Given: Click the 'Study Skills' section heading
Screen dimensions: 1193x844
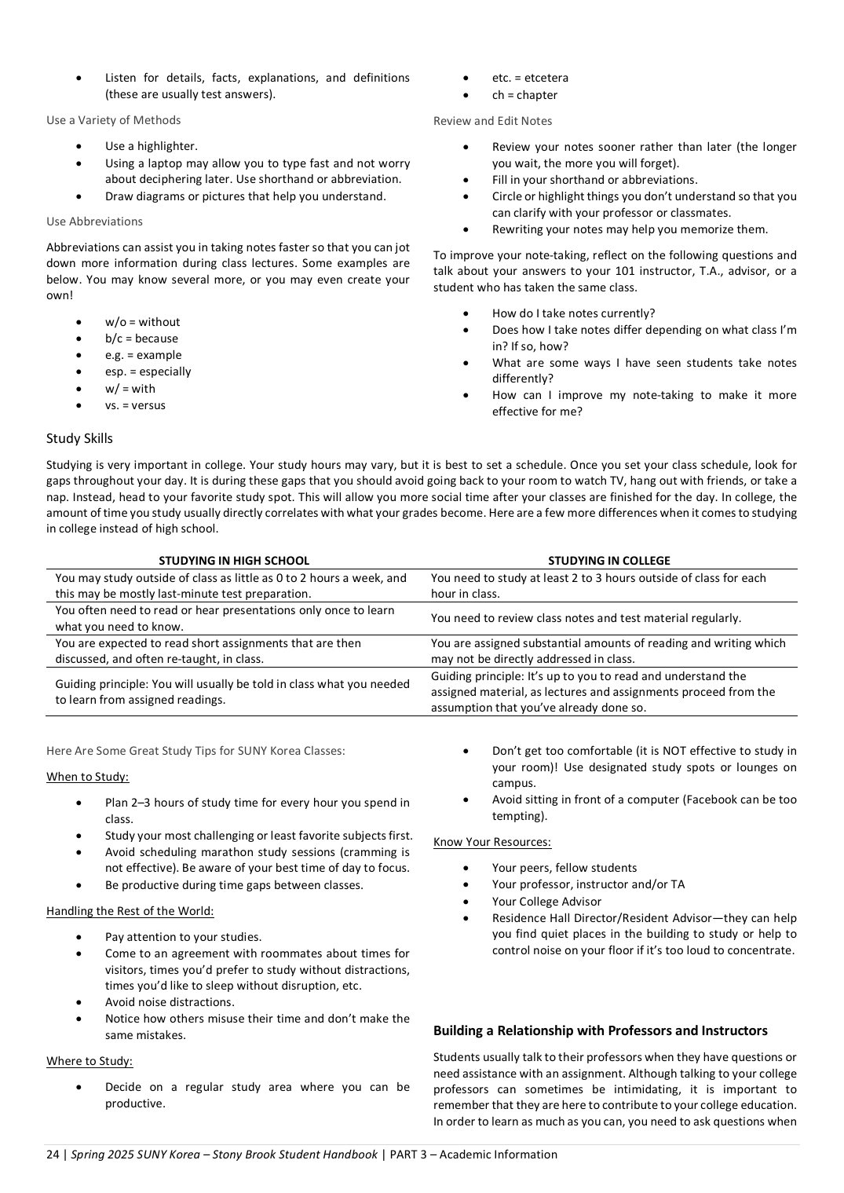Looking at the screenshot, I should pos(79,438).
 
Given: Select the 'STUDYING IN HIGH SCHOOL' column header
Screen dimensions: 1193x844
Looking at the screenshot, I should pos(234,561).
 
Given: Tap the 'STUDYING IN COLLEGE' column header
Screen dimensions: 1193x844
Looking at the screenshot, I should pos(608,561).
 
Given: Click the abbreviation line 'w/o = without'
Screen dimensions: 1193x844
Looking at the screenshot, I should pos(142,322).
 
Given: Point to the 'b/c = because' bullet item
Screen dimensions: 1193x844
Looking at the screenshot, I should pos(141,339).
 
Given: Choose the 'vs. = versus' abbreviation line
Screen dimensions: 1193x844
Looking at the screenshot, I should pos(135,405).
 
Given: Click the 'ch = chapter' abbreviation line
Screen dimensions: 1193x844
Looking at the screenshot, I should pos(524,95).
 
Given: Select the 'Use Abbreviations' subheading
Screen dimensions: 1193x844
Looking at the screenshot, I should pos(94,221).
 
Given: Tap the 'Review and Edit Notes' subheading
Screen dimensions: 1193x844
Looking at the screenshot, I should pos(492,121).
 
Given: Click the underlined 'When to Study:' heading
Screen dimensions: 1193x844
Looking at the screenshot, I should pos(87,777).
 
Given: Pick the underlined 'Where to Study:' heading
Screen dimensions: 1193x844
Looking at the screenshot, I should pos(90,1061).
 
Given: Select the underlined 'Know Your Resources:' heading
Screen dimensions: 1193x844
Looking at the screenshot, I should pos(492,842).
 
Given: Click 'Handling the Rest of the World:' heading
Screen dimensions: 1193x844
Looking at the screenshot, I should pos(130,911).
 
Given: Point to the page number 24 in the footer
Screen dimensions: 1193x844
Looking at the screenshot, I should pos(53,1155).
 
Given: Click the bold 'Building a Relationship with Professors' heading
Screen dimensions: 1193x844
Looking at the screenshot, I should pos(600,1030).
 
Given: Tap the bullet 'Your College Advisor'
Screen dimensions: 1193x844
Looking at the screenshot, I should pos(546,902).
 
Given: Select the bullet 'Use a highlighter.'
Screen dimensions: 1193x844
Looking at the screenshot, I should pos(152,146).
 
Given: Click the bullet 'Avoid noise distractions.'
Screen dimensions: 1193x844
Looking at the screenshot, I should pos(170,1002).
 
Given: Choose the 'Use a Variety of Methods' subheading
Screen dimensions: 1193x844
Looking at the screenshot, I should pos(113,120).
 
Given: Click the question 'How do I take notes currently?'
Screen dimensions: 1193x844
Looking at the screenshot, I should pos(573,313).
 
